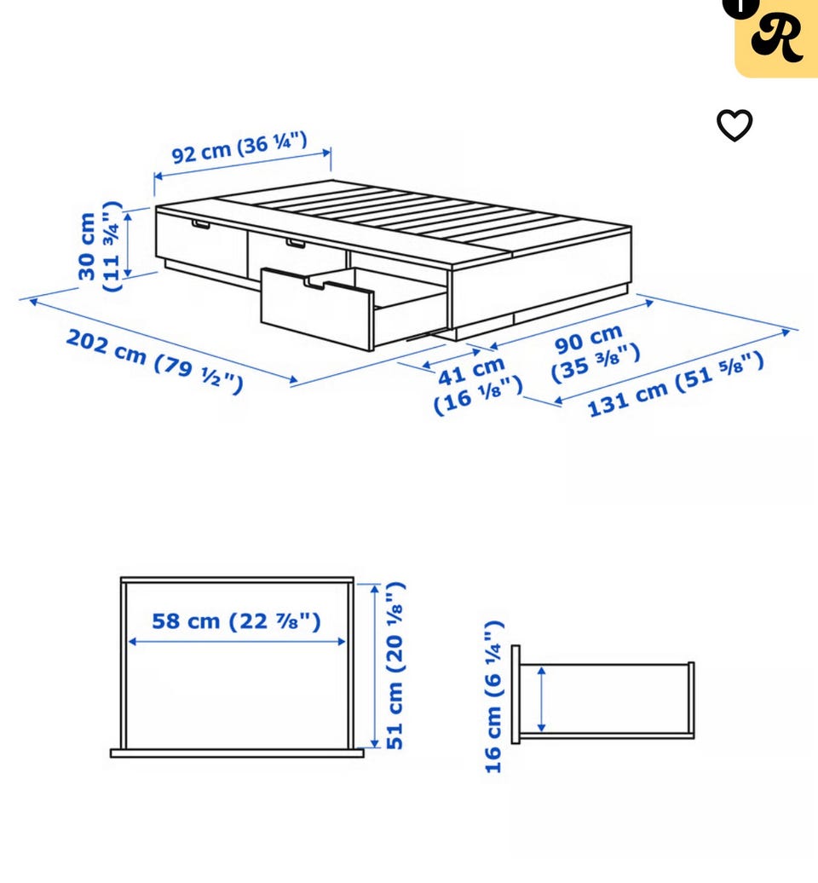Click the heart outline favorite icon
(734, 125)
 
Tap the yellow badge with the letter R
(776, 38)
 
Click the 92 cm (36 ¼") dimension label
(239, 147)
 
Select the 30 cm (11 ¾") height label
(100, 245)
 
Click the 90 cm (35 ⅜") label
(595, 353)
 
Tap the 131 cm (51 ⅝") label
(676, 384)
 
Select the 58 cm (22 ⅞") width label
(236, 621)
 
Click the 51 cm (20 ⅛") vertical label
(395, 666)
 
